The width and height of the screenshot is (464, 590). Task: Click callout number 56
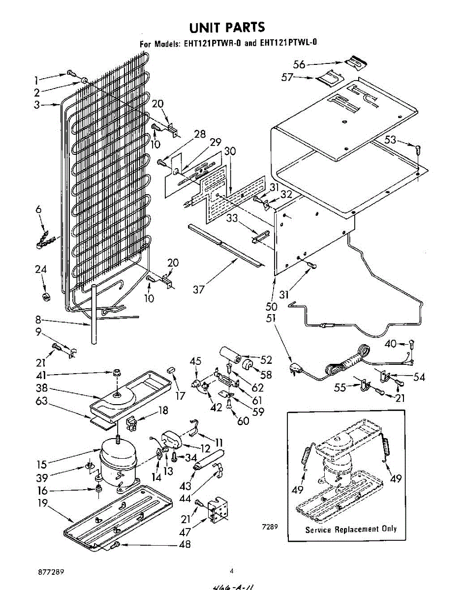point(299,64)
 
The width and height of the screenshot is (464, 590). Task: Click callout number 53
point(390,140)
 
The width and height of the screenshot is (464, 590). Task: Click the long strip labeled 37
point(224,245)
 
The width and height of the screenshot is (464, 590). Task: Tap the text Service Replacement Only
point(350,529)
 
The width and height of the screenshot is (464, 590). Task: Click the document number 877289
point(51,572)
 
